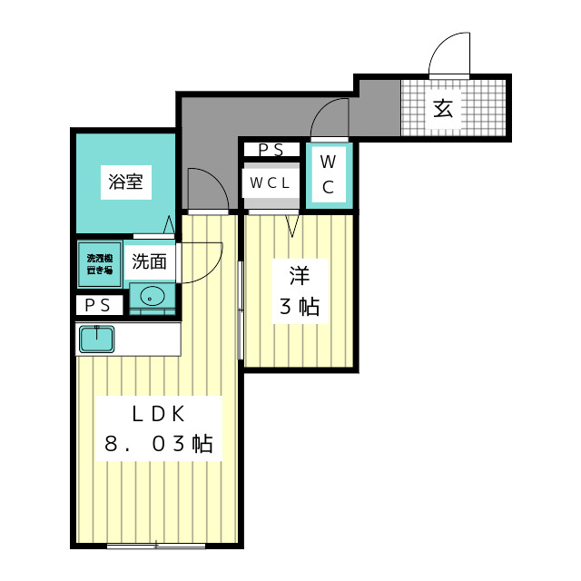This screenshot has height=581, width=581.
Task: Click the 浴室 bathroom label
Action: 125,182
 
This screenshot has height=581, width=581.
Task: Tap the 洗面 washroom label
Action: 150,262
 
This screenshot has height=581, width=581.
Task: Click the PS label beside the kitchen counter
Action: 98,306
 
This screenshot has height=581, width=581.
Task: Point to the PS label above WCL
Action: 271,150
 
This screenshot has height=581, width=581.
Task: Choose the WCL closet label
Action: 271,182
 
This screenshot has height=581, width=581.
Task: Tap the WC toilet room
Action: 329,176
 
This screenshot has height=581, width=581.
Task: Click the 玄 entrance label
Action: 442,109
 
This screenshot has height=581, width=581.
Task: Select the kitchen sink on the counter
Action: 95,339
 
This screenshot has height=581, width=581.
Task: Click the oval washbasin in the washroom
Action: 152,296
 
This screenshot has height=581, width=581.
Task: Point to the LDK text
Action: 159,415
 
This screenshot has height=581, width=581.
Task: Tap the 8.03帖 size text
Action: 159,444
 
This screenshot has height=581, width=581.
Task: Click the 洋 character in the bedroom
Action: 299,274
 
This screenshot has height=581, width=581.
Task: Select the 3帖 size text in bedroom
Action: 299,307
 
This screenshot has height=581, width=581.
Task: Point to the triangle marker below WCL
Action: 292,225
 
